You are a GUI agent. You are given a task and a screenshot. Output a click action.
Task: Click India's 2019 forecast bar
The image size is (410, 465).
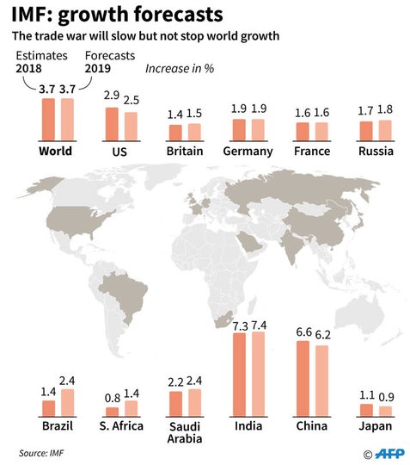pyautogui.click(x=259, y=375)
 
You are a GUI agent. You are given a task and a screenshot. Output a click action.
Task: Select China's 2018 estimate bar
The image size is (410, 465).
pyautogui.click(x=303, y=379)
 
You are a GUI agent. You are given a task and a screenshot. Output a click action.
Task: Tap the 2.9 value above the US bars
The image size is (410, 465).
pyautogui.click(x=112, y=96)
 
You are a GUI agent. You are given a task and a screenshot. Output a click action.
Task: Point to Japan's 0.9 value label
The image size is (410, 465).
pyautogui.click(x=386, y=397)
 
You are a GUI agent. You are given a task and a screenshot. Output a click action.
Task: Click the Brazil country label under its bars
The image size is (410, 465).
pyautogui.click(x=58, y=426)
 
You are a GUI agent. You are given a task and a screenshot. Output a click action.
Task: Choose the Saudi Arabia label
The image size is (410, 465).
pyautogui.click(x=185, y=432)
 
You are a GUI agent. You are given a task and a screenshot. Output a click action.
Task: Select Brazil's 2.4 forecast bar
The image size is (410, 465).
pyautogui.click(x=68, y=403)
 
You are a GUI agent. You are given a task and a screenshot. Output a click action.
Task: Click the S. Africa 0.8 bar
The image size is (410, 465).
pyautogui.click(x=113, y=412)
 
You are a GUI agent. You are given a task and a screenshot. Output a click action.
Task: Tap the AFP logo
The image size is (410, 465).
pyautogui.click(x=389, y=454)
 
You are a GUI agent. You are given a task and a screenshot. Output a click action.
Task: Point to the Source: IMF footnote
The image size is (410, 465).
pyautogui.click(x=41, y=453)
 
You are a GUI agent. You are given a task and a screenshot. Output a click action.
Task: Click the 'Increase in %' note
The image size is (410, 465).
pyautogui.click(x=180, y=69)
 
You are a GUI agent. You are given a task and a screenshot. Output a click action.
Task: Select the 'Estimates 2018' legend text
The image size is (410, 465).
pyautogui.click(x=41, y=62)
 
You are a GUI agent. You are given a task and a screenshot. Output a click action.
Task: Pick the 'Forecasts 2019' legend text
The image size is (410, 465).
pyautogui.click(x=110, y=62)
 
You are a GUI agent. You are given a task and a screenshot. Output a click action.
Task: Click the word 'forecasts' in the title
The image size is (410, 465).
pyautogui.click(x=179, y=15)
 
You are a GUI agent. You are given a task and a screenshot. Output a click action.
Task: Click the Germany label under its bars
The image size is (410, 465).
pyautogui.click(x=248, y=152)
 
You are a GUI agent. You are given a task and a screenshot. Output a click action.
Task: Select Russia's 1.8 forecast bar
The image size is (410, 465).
pyautogui.click(x=385, y=131)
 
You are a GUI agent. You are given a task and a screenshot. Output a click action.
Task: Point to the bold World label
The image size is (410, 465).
pyautogui.click(x=55, y=151)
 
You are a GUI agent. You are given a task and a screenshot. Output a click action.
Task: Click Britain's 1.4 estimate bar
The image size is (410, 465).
pyautogui.click(x=175, y=133)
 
